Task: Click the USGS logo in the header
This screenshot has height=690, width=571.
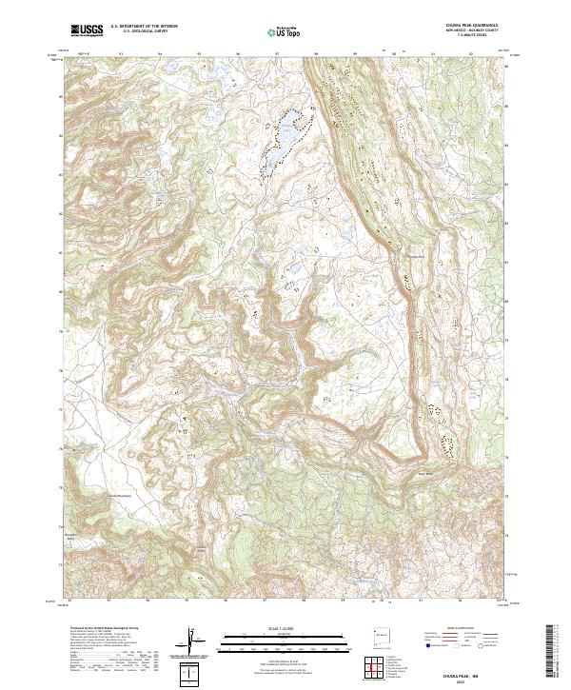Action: click(x=89, y=30)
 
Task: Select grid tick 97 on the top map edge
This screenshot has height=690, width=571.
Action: click(x=276, y=54)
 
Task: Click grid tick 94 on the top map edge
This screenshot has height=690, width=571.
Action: click(x=160, y=54)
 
